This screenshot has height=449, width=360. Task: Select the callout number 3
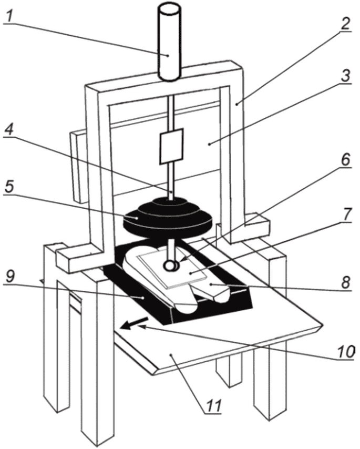tap(345, 76)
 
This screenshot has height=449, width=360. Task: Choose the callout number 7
tap(346, 214)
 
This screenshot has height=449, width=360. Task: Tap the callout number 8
tap(346, 282)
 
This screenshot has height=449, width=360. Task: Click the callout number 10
tap(346, 352)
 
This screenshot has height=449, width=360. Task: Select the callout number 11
tap(214, 405)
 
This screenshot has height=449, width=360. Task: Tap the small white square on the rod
tap(171, 146)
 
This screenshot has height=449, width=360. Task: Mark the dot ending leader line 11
tap(171, 355)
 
